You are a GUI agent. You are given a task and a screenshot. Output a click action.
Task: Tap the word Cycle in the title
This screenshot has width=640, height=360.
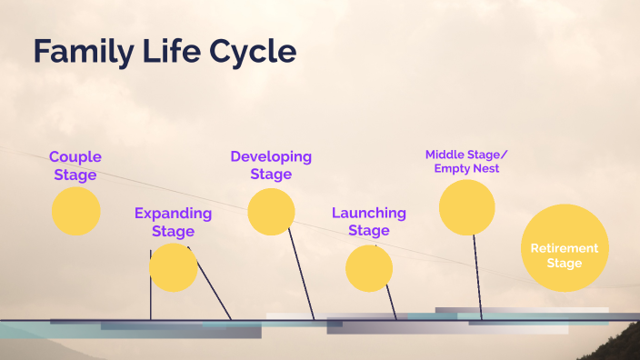click(251, 52)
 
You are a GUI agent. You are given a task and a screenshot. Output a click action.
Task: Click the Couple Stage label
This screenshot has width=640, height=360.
click(75, 165)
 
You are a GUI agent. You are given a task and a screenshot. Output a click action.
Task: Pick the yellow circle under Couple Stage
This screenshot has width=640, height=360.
click(75, 212)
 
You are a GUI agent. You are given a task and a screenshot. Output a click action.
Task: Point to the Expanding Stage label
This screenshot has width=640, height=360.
click(173, 222)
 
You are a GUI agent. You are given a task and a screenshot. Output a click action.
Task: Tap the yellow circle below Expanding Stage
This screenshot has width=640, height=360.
click(173, 267)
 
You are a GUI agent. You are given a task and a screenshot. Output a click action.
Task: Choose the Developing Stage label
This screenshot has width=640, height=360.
click(271, 165)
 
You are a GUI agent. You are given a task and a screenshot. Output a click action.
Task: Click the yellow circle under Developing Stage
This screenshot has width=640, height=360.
click(271, 212)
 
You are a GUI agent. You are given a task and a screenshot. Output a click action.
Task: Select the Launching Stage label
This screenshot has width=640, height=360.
click(368, 221)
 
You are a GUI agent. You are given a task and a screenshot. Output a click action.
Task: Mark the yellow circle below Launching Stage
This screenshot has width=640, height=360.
click(369, 268)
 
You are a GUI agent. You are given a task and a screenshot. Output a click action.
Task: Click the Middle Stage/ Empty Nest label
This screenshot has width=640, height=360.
click(466, 161)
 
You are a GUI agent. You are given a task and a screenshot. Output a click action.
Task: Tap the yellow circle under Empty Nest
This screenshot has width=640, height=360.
click(466, 207)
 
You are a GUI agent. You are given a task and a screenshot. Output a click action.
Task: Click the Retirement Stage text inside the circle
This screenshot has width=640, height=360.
click(564, 255)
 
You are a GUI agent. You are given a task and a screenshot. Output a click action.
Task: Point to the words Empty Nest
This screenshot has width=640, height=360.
click(466, 168)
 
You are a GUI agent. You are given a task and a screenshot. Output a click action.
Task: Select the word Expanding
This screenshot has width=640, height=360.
click(173, 214)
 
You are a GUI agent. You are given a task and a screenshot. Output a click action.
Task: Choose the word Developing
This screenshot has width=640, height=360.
click(271, 156)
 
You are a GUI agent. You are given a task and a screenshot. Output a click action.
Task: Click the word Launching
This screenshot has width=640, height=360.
click(368, 213)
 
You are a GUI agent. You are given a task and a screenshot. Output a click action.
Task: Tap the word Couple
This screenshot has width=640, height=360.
click(75, 156)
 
